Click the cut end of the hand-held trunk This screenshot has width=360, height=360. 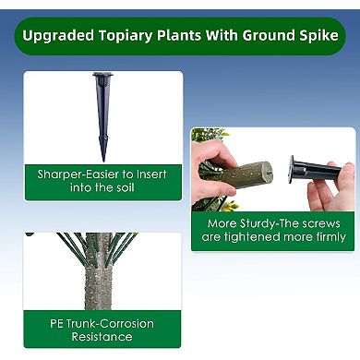pyautogui.click(x=264, y=171)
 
